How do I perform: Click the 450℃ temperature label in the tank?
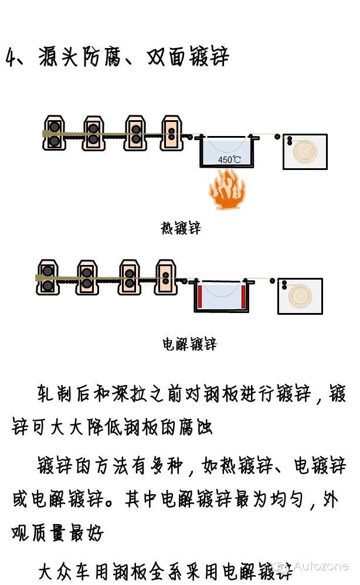coord(229,159)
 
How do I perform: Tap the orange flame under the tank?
coord(227,189)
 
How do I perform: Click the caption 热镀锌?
coord(181,228)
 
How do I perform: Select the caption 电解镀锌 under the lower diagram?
coord(189,344)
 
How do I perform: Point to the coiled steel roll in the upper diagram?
coord(305,152)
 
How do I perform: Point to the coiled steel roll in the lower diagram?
coord(300,295)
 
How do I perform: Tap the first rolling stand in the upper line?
coord(54,133)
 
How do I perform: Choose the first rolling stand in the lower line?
coord(47,277)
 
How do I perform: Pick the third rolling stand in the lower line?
coord(129,277)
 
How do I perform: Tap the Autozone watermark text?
coord(321,566)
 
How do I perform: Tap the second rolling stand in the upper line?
coord(93,132)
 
